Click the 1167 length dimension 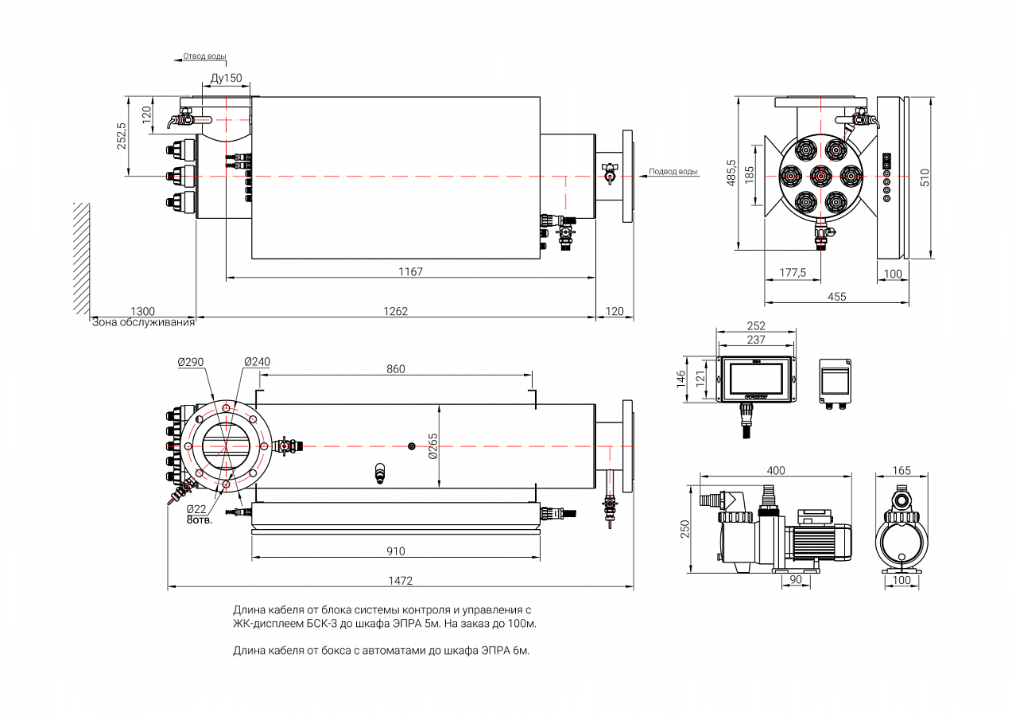(x=411, y=271)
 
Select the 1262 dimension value (x=395, y=311)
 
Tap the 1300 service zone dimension (x=142, y=311)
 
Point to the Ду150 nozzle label (x=227, y=79)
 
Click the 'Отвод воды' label (x=204, y=56)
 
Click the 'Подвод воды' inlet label (x=673, y=171)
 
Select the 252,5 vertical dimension (x=122, y=136)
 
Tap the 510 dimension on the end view (x=925, y=177)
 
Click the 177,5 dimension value (x=793, y=272)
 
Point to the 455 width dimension (x=836, y=297)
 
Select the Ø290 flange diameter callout (x=191, y=362)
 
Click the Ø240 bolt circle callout (x=257, y=362)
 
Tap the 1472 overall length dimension (x=400, y=581)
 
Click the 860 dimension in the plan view (x=395, y=369)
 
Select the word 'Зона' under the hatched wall (x=105, y=322)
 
